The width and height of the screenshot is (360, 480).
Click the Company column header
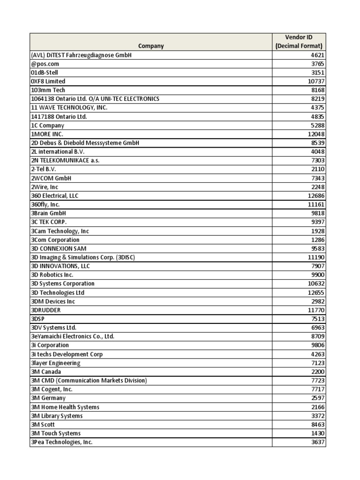[x=151, y=46]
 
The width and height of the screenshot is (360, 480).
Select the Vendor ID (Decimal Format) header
[x=299, y=41]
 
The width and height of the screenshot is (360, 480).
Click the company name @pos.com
[x=46, y=64]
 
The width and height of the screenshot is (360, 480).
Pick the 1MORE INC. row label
[x=47, y=134]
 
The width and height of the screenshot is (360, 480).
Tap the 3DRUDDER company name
[x=46, y=310]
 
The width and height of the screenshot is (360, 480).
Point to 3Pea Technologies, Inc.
[x=61, y=442]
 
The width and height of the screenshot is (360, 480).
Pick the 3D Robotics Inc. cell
[x=52, y=275]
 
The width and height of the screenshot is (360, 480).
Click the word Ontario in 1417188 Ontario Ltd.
[x=64, y=117]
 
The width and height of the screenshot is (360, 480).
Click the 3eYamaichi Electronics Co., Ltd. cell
[x=73, y=337]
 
